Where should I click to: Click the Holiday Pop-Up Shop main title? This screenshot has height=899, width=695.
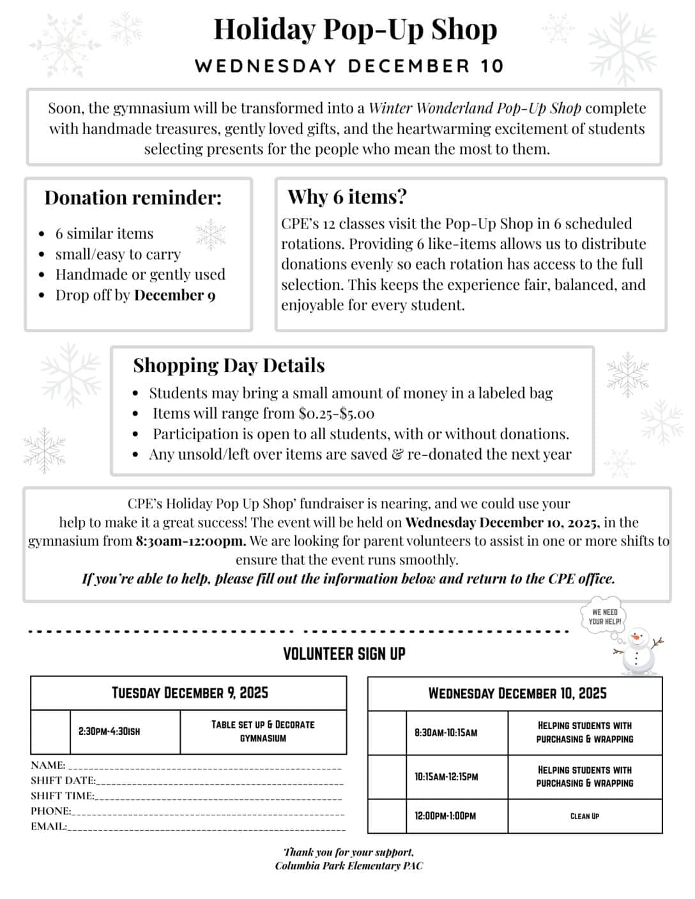click(x=355, y=30)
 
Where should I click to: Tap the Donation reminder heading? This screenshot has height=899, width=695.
click(x=133, y=198)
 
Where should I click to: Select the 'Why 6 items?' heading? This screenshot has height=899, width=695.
click(x=347, y=197)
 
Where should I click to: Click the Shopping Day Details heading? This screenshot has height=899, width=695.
click(x=229, y=365)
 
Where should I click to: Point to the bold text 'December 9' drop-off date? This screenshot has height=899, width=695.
click(x=175, y=295)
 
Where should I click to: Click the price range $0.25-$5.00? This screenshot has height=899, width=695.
click(x=336, y=413)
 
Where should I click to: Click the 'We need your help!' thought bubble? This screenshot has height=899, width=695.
click(x=604, y=617)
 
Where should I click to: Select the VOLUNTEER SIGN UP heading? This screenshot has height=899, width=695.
click(x=344, y=654)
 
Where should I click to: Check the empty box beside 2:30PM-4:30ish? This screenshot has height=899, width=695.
click(x=50, y=732)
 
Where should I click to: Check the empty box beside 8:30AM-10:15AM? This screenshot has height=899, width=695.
click(x=387, y=733)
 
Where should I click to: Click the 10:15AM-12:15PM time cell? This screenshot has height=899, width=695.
click(x=446, y=777)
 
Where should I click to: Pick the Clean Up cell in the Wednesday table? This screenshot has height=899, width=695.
click(x=584, y=816)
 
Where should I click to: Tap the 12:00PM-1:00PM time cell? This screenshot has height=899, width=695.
click(x=446, y=816)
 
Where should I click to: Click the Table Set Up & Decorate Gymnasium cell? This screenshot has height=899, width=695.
click(x=263, y=732)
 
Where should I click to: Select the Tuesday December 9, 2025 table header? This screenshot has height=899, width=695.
click(x=190, y=693)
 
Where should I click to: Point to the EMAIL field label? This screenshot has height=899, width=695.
click(x=49, y=826)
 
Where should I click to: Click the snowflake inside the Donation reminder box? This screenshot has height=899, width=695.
click(x=210, y=234)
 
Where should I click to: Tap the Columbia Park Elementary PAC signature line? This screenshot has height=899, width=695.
click(x=349, y=866)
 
